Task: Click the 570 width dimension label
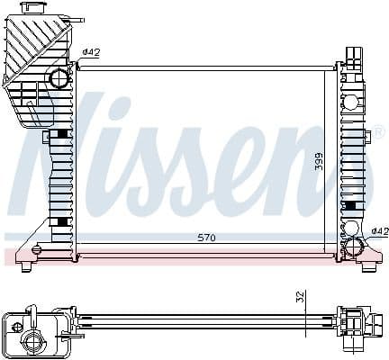click(207, 238)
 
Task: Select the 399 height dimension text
click(318, 162)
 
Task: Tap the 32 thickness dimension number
click(300, 297)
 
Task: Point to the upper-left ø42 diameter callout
click(90, 52)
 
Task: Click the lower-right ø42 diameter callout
click(379, 230)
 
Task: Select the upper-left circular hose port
click(59, 78)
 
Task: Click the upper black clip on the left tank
click(61, 134)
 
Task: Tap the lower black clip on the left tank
click(61, 221)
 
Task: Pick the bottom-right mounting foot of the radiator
click(368, 265)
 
